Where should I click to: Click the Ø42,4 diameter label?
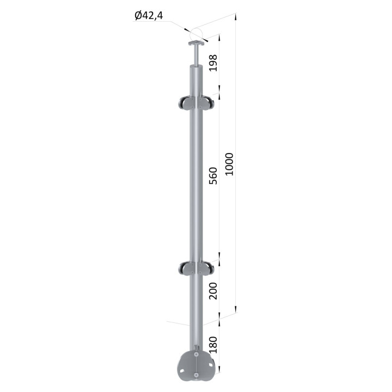pyautogui.click(x=149, y=16)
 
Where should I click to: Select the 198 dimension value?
pyautogui.click(x=213, y=63)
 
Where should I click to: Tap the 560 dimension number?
pyautogui.click(x=213, y=176)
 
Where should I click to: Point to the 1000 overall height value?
pyautogui.click(x=229, y=164)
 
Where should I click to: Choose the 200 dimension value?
pyautogui.click(x=213, y=291)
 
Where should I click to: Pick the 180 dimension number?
pyautogui.click(x=213, y=345)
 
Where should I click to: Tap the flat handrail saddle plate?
pyautogui.click(x=197, y=44)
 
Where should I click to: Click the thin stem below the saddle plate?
pyautogui.click(x=197, y=56)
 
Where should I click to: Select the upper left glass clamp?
pyautogui.click(x=185, y=103)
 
